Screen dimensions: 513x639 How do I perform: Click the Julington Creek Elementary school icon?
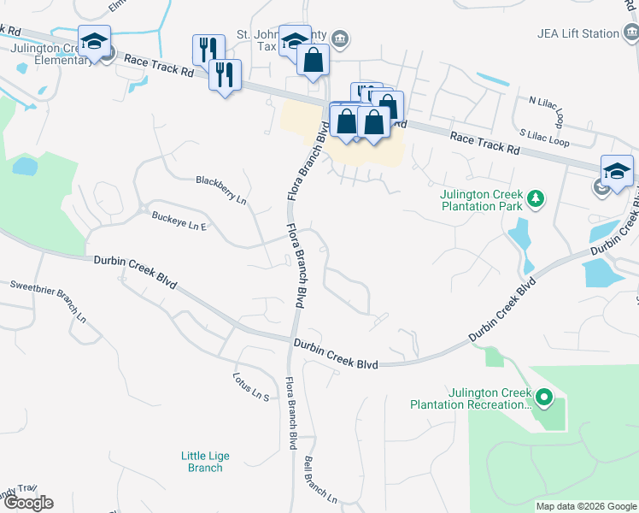point(95,41)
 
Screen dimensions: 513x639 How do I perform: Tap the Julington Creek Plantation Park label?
point(481,200)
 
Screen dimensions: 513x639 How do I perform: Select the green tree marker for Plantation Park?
point(536,198)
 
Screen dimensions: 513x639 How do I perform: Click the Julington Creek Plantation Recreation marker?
point(544,397)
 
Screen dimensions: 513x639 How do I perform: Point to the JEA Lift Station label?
point(577,33)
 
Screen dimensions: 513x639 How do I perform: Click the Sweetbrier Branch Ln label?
point(48,299)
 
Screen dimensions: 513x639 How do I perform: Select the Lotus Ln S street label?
point(251,386)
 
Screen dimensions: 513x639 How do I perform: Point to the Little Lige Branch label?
point(203,462)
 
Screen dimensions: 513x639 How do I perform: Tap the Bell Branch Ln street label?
point(320,479)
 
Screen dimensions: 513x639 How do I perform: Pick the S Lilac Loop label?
point(544,137)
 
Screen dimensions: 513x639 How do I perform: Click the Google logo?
point(27,503)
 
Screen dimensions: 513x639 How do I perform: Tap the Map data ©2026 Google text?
point(585,506)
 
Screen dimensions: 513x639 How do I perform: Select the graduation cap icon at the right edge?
point(617,170)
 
